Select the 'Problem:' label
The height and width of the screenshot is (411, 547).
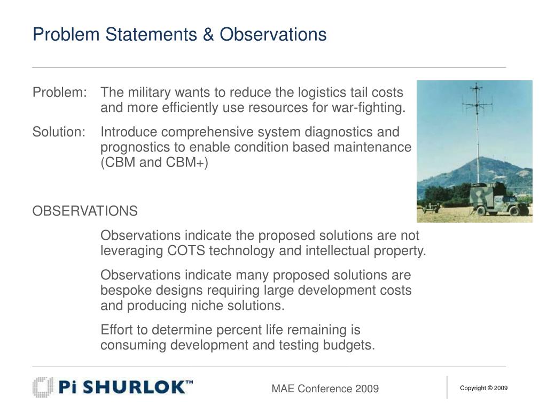(x=59, y=92)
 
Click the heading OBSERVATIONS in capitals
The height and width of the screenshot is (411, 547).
(x=85, y=211)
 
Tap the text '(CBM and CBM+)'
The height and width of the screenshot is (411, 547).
(x=154, y=162)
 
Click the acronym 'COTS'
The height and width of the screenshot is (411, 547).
(x=186, y=250)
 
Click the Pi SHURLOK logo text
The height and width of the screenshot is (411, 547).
(x=126, y=387)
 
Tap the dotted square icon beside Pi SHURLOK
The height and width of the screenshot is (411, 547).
(x=42, y=387)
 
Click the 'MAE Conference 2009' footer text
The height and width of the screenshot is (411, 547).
(x=325, y=389)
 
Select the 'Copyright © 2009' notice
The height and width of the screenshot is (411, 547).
(x=483, y=388)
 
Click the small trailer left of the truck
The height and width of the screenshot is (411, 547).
(x=431, y=208)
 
